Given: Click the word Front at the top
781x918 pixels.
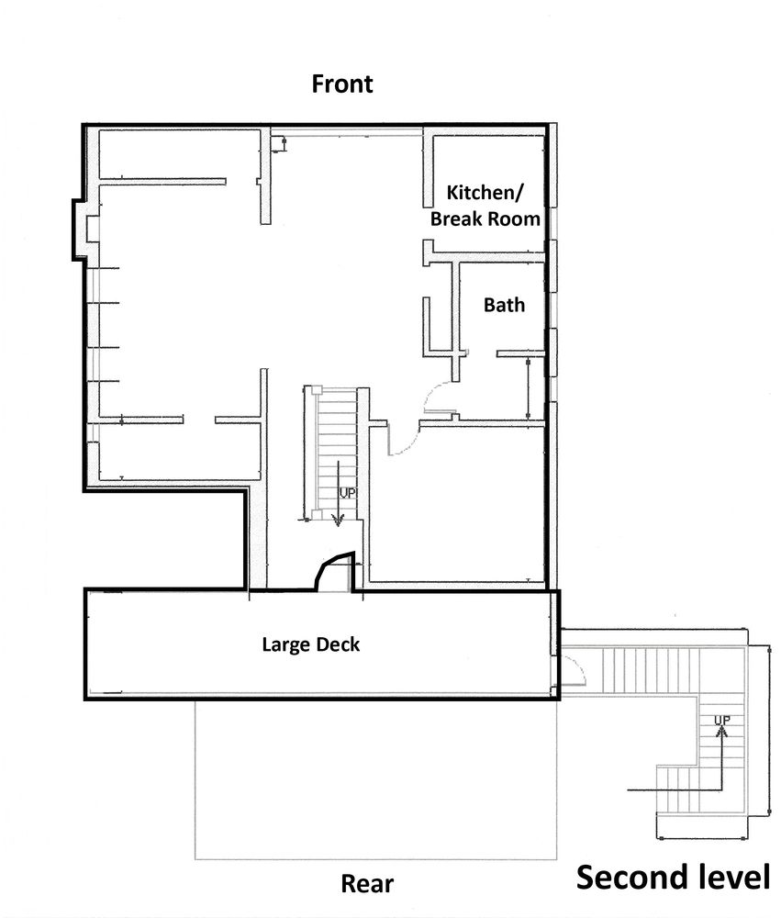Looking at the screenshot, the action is point(342,84).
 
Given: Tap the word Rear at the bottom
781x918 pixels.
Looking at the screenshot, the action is point(367,883).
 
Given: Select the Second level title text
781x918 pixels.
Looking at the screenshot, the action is point(674,878).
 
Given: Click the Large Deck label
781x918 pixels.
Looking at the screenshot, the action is point(311,644).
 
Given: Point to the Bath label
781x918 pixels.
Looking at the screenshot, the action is point(504,305).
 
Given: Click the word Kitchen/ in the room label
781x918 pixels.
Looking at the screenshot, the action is point(485,193).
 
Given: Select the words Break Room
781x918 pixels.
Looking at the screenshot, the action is point(485,219).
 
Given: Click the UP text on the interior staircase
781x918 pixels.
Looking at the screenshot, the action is point(348,494).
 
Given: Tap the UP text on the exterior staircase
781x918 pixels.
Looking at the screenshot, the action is point(722,720).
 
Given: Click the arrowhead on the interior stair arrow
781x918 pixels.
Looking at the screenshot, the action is point(338,520).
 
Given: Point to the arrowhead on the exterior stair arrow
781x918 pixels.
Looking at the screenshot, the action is point(722,731).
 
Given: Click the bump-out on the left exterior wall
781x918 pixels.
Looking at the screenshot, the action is point(81,229).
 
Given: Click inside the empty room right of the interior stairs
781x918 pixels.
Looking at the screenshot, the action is point(458,503).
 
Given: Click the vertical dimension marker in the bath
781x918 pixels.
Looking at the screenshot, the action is point(528,388).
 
